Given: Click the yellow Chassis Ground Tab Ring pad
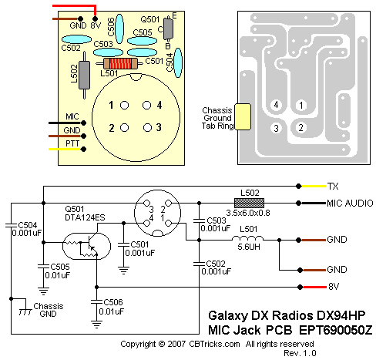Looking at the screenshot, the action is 243,116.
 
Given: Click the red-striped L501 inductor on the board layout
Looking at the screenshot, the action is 120,63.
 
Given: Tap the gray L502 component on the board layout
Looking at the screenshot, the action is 84,75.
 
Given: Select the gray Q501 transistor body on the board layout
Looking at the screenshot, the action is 168,29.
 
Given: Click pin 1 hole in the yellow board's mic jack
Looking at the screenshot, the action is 124,105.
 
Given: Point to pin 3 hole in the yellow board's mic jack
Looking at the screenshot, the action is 147,127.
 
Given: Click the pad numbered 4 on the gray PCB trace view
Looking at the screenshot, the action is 276,105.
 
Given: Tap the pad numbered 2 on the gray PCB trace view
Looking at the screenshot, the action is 300,128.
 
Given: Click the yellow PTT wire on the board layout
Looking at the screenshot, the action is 65,149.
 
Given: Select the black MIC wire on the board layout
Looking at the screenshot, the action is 65,123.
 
